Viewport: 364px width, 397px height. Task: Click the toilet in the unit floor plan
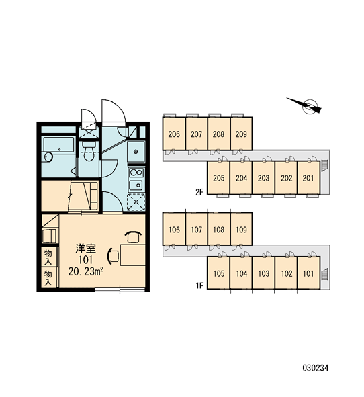tap(89, 151)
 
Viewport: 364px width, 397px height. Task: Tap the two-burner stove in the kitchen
tap(136, 173)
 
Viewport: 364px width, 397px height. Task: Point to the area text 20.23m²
tap(85, 272)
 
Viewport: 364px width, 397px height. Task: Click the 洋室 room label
tap(85, 249)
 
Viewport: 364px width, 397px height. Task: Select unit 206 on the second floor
tap(174, 134)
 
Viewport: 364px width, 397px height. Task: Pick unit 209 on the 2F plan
tap(241, 134)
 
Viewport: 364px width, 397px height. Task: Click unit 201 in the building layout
tap(308, 178)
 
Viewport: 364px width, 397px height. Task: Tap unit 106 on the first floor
tap(174, 230)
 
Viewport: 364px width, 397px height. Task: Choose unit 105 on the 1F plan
tap(219, 273)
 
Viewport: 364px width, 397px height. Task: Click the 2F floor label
tap(199, 192)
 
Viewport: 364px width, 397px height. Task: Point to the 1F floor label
tap(199, 286)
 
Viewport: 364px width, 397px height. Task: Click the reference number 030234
tap(316, 368)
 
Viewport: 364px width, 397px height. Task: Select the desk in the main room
tap(133, 255)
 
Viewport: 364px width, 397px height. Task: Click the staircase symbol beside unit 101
tap(325, 274)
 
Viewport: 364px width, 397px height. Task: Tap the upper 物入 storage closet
tap(48, 257)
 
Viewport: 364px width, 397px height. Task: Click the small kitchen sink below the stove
tap(136, 185)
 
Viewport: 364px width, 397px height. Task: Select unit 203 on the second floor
tap(263, 178)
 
